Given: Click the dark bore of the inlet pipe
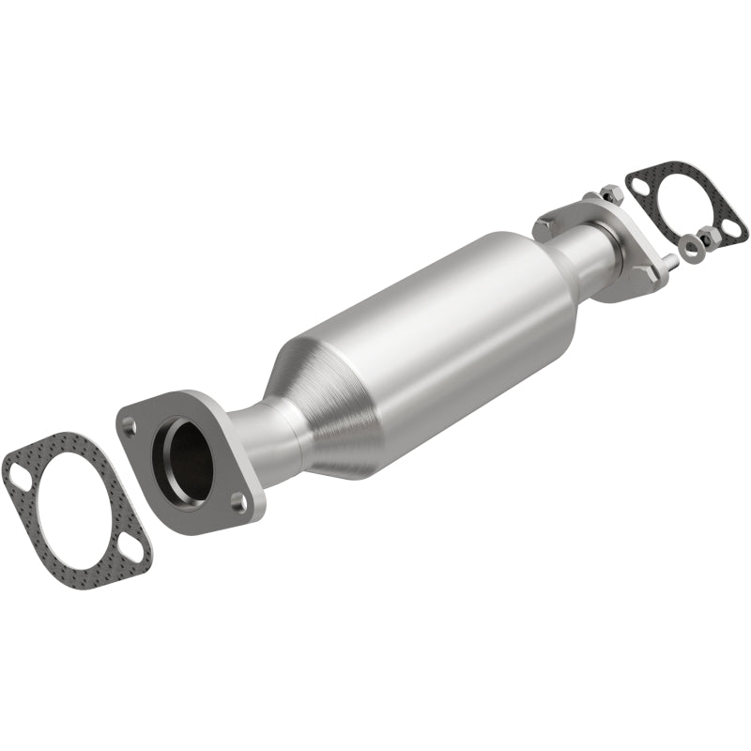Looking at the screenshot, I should click(x=182, y=461).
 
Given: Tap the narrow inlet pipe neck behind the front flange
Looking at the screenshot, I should click(x=266, y=437).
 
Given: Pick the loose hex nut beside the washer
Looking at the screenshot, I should click(x=708, y=238).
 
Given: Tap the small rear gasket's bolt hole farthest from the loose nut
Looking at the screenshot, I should click(x=642, y=186).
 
